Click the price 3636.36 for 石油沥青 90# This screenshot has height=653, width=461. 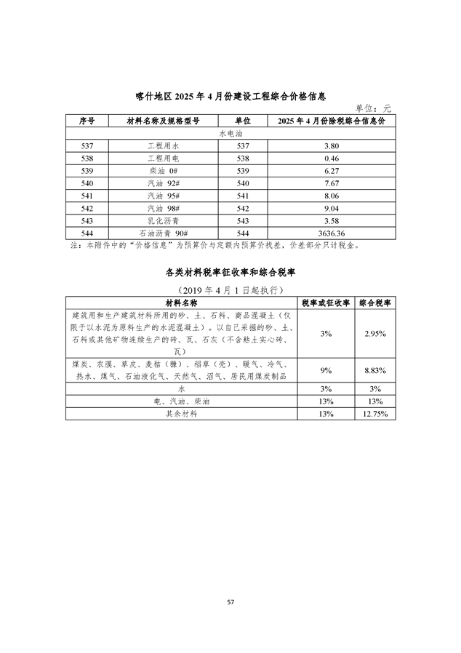[x=331, y=233]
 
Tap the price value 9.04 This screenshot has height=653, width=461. [x=331, y=208]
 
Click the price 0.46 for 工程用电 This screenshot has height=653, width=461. [x=331, y=158]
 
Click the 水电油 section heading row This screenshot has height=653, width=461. [x=230, y=134]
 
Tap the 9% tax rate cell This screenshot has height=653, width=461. [x=326, y=370]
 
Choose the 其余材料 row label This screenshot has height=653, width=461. [x=181, y=413]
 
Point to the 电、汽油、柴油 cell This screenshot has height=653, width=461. [x=181, y=401]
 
